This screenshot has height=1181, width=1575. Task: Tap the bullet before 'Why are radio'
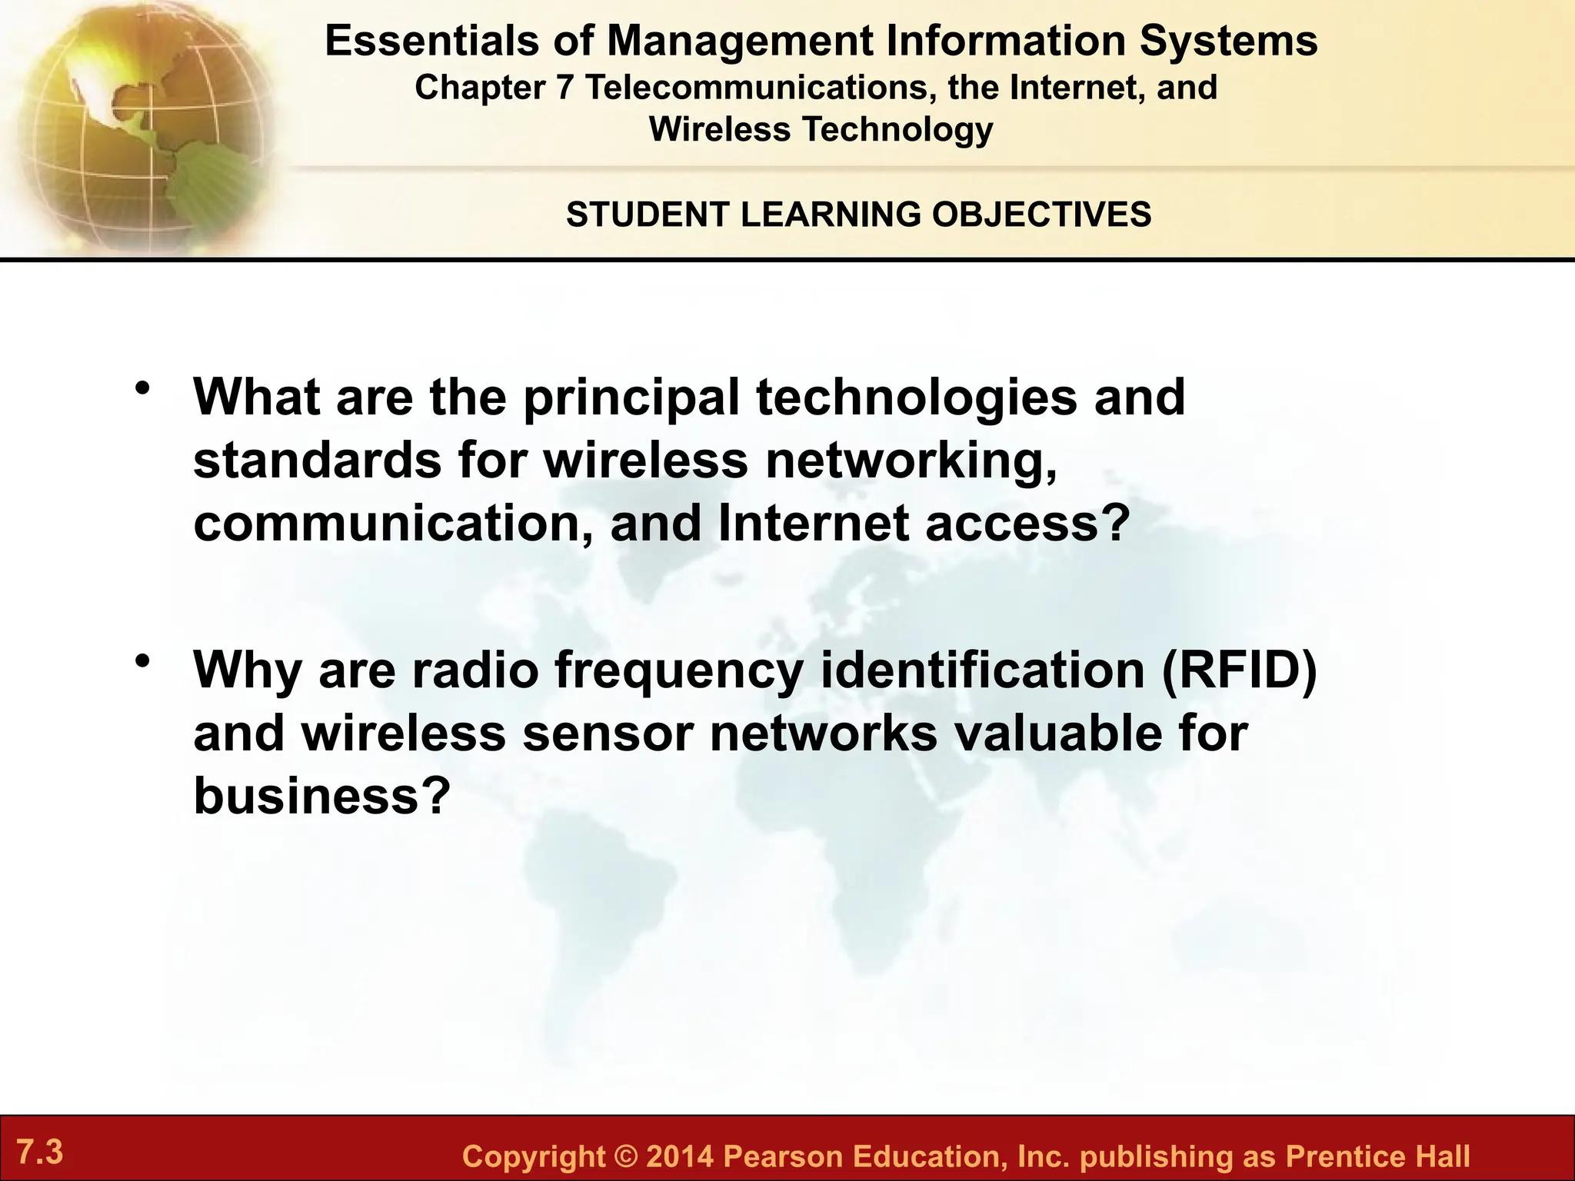click(x=142, y=660)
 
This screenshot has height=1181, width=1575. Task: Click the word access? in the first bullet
click(x=1027, y=524)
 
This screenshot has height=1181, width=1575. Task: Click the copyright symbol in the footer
click(x=626, y=1156)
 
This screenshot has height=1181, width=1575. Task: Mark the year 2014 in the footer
click(x=680, y=1156)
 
